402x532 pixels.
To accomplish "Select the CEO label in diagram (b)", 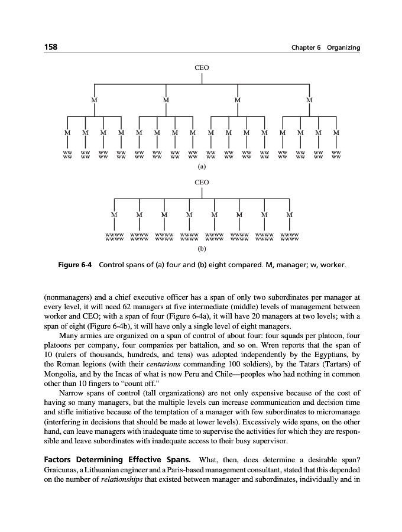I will [202, 183].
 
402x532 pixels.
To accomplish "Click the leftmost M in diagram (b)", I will [114, 215].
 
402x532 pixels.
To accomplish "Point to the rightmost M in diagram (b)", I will [289, 215].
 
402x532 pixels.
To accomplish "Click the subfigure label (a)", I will [202, 167].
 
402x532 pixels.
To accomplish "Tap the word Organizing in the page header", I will [343, 47].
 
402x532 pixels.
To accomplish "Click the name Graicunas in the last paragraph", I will [62, 469].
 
